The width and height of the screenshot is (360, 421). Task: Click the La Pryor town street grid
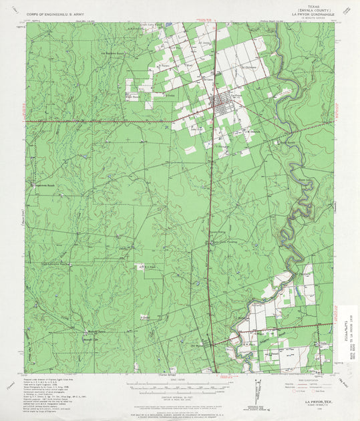pyautogui.click(x=221, y=102)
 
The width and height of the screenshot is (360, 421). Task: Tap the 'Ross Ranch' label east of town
pyautogui.click(x=286, y=142)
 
